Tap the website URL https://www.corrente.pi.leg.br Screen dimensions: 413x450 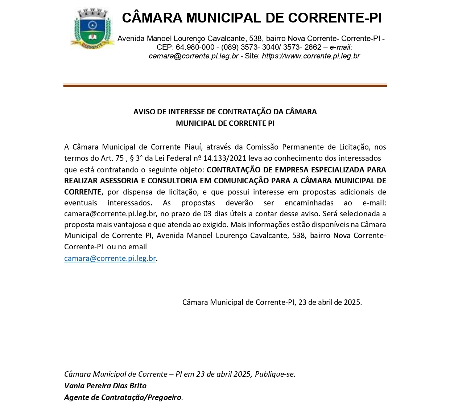pyautogui.click(x=311, y=56)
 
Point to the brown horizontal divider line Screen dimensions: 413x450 pyautogui.click(x=225, y=86)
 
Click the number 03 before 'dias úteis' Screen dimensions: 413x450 pyautogui.click(x=203, y=214)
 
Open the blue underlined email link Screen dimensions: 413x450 pyautogui.click(x=110, y=258)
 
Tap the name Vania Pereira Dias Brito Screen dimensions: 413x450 pyautogui.click(x=105, y=386)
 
